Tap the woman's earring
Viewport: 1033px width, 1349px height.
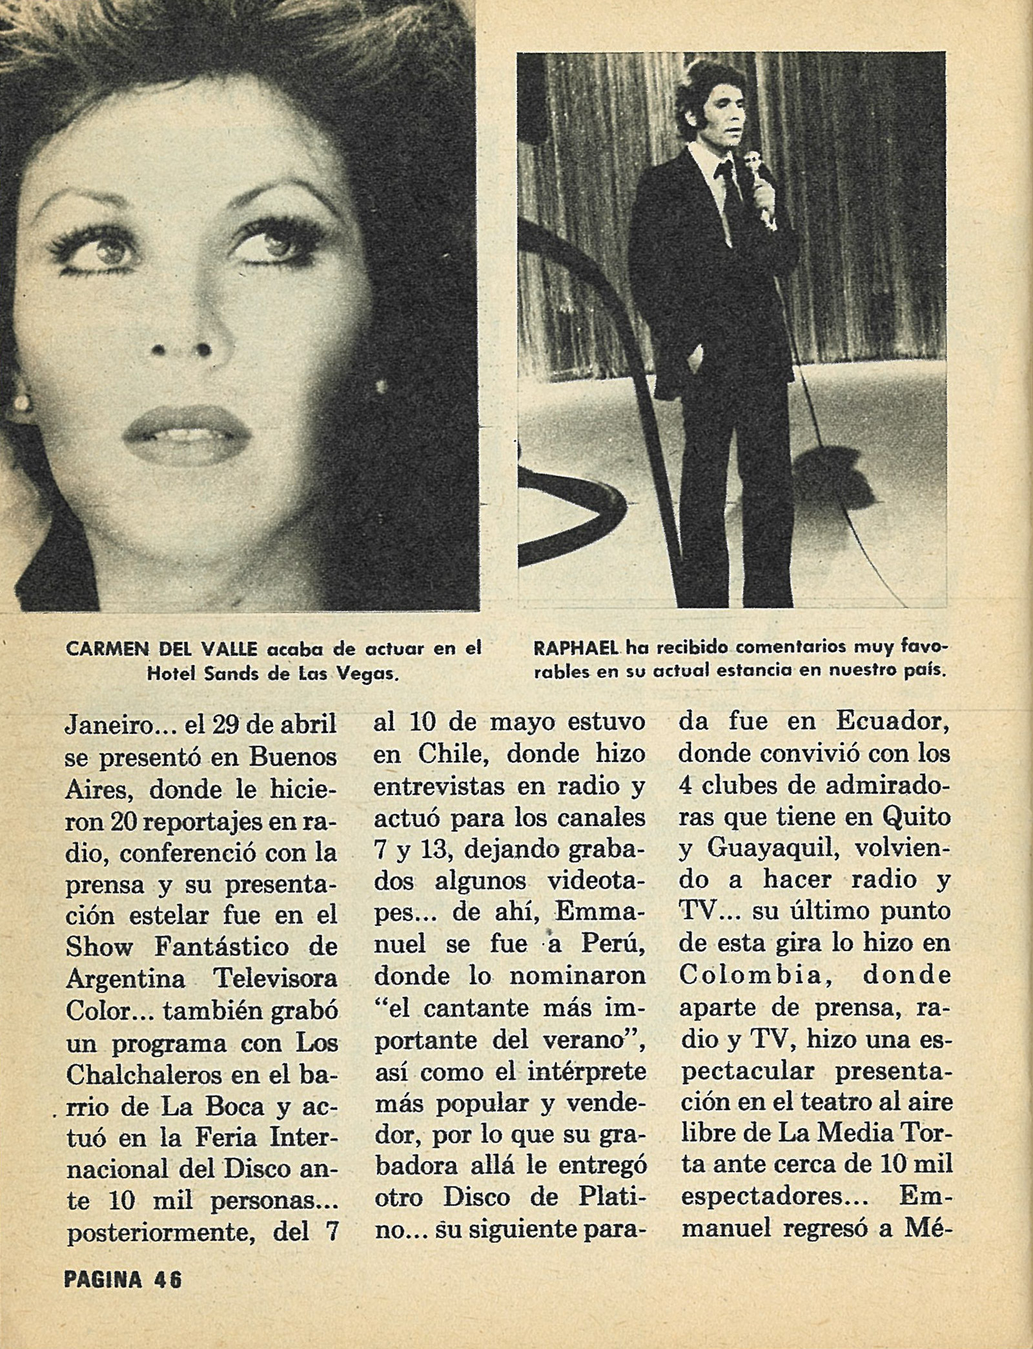(21, 404)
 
